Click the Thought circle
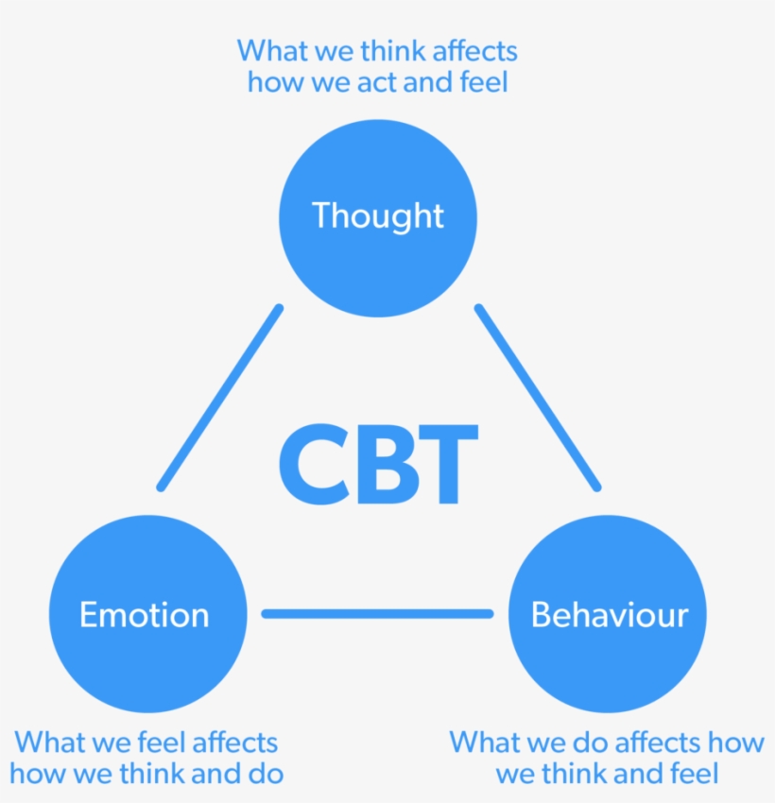point(377,218)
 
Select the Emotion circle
point(148,613)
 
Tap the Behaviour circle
point(607,613)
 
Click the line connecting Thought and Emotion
point(220,398)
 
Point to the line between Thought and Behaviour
point(538,398)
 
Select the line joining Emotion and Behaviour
point(377,613)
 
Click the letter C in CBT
point(314,464)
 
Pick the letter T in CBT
point(447,464)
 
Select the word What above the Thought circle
point(272,51)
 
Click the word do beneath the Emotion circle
point(266,774)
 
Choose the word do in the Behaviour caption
point(590,743)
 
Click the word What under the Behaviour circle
point(485,743)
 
